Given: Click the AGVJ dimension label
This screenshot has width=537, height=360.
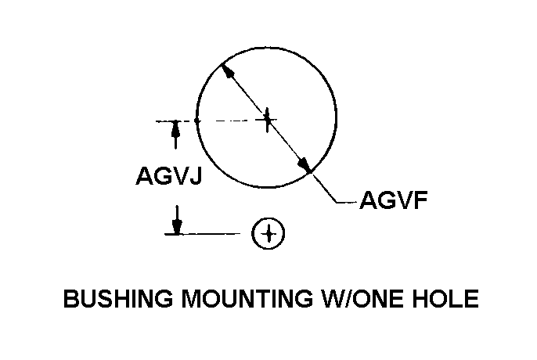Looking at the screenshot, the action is coord(169,175).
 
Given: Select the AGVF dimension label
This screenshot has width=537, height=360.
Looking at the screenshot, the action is coord(394,200).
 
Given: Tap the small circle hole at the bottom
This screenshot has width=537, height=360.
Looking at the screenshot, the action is coord(268,233).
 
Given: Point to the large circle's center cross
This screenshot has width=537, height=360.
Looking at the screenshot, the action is coord(267,119).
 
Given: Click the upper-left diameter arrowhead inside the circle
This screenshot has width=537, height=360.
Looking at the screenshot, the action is coord(228,71).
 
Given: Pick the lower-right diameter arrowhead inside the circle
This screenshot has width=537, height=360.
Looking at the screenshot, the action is coord(305,164).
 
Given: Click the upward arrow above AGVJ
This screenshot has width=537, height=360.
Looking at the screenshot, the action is coord(175,135).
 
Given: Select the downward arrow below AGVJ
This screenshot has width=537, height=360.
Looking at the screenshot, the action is coord(177,220).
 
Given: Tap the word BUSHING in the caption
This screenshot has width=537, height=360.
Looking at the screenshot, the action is coord(118,298).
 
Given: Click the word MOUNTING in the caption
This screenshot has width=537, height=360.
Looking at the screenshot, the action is coord(247,298).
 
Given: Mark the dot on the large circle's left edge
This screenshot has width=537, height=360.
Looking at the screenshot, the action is coord(196,121).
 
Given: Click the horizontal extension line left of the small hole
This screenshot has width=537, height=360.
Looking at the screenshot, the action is coord(203,234).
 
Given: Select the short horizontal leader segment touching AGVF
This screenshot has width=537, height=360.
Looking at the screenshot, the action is coord(346,202).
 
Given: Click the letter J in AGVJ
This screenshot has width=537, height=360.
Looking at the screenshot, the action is coord(195,175).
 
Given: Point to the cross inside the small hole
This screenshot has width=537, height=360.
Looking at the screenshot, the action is coord(268,233).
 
